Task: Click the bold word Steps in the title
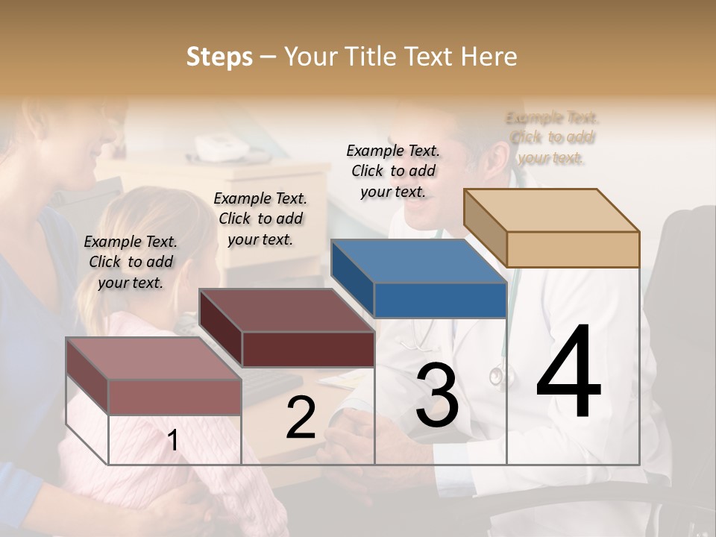(x=219, y=57)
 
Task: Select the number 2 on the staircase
(x=301, y=417)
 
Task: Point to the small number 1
(x=172, y=440)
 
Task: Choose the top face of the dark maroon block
(x=286, y=310)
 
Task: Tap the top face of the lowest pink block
(x=154, y=359)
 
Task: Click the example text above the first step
(x=131, y=262)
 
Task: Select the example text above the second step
(x=260, y=219)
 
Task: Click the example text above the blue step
(x=393, y=171)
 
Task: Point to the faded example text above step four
(x=552, y=138)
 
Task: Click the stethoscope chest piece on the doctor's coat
(x=496, y=376)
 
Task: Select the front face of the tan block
(x=573, y=249)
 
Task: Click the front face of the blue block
(x=440, y=300)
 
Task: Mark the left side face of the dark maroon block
(x=221, y=328)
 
